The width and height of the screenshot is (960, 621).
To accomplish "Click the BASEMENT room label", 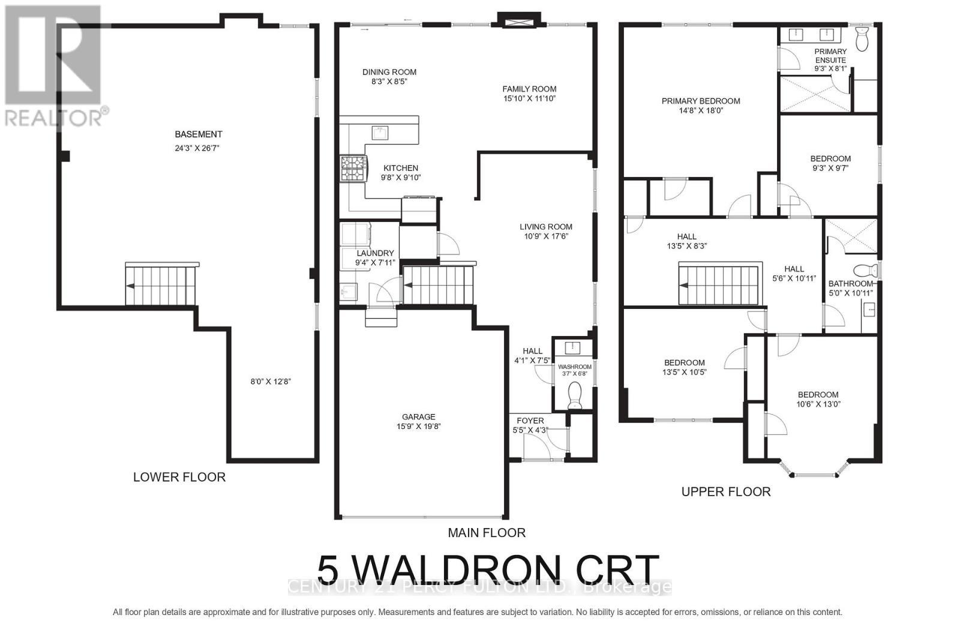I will [198, 134].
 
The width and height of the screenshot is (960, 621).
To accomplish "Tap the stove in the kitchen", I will [354, 168].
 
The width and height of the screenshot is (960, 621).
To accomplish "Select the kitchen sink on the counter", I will [379, 132].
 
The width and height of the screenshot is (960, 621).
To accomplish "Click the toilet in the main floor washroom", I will [574, 397].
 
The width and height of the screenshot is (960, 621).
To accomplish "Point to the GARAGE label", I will [418, 417].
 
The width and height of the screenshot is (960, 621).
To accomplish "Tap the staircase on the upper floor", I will [720, 285].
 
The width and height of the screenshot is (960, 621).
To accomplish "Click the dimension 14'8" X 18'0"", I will [701, 110].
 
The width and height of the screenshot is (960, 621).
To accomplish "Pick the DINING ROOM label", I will [389, 72].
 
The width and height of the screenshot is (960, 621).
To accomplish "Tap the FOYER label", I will [530, 421].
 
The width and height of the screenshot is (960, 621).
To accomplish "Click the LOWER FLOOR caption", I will [179, 477].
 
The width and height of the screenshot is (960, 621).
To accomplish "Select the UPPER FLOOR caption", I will [725, 492].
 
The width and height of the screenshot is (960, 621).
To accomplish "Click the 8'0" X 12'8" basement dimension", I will [271, 382].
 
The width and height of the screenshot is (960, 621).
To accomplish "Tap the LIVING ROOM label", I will [545, 227].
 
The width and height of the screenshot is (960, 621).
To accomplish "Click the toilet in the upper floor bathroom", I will [865, 270].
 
